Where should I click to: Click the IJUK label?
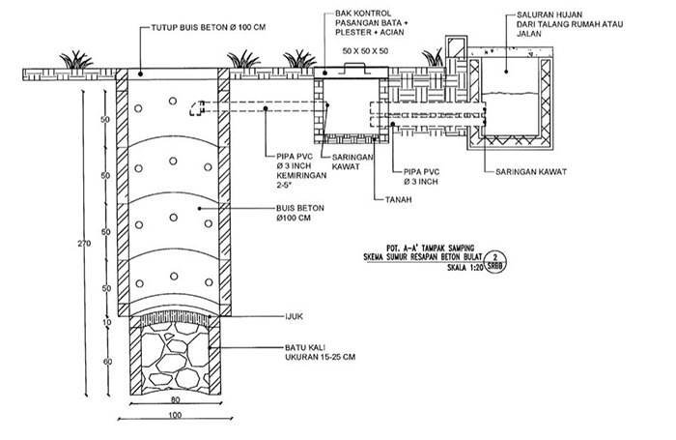tap(290, 315)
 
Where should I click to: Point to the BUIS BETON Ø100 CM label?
tap(290, 214)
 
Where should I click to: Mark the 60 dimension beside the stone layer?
tap(107, 361)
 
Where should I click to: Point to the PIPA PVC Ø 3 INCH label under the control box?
tap(423, 177)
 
